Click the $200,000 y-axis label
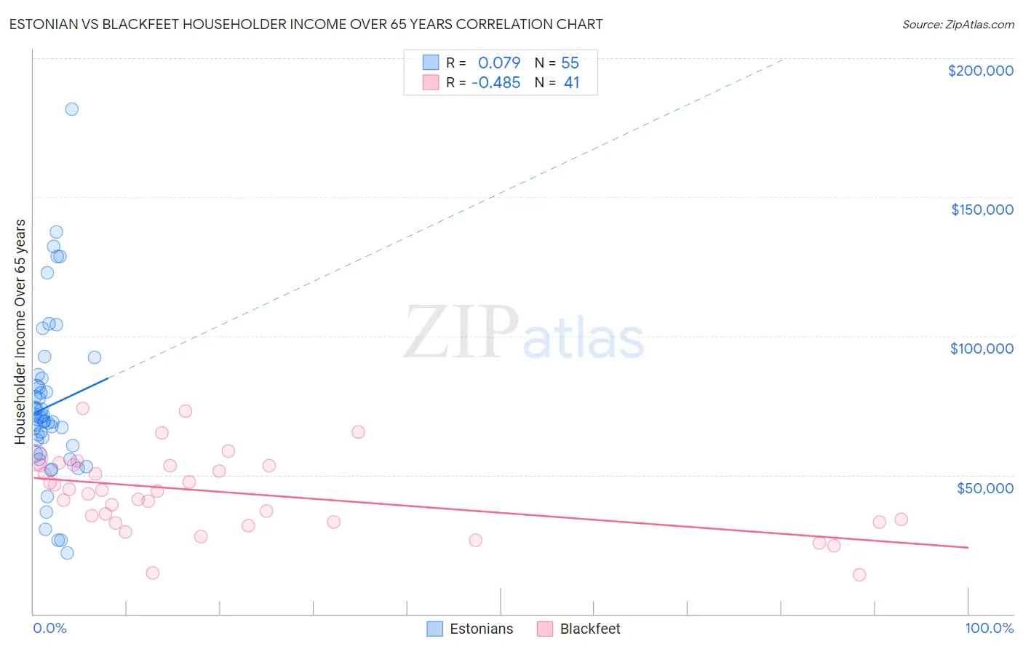(980, 71)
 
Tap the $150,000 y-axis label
(982, 210)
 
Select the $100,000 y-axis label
(982, 349)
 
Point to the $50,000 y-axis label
(984, 487)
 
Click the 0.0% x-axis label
(49, 628)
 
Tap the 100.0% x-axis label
(989, 628)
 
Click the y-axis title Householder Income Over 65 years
(20, 331)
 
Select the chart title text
(306, 24)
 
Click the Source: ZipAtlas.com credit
(958, 25)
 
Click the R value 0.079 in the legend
(499, 63)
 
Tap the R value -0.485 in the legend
(495, 83)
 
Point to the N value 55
(570, 63)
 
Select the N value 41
(571, 83)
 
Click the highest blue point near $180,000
(71, 109)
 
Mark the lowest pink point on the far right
(859, 575)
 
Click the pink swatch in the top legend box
(431, 83)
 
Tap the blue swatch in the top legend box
(431, 63)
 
